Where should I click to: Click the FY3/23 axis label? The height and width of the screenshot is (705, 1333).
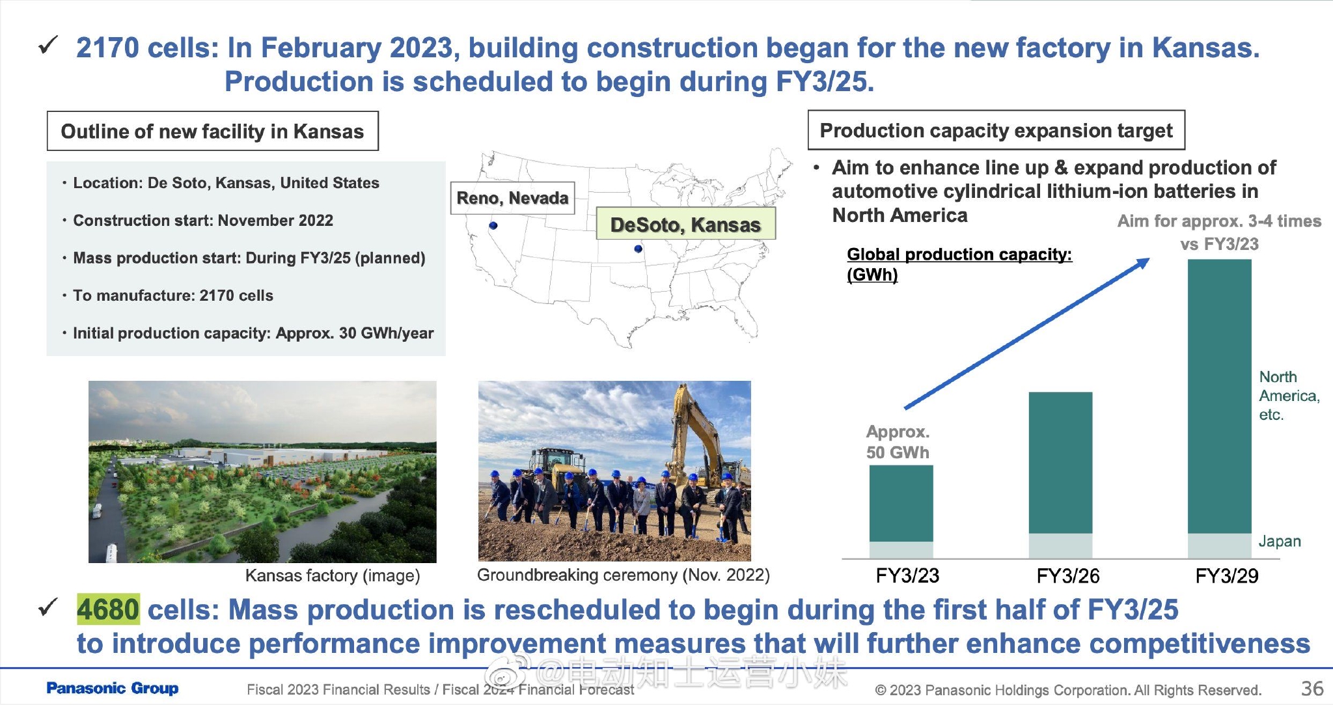click(907, 576)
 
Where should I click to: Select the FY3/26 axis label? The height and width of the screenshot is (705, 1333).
click(1067, 576)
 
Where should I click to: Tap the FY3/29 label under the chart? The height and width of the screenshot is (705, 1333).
click(1227, 576)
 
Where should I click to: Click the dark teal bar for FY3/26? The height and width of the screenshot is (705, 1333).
click(1060, 463)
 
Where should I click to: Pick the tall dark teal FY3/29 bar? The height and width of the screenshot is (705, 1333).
click(1220, 396)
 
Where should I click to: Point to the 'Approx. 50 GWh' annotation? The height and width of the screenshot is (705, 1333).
click(898, 442)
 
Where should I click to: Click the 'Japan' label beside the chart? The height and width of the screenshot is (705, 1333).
click(1280, 541)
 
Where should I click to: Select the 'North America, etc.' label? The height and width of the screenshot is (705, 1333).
click(1289, 396)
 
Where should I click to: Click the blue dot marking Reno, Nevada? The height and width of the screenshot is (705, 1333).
click(493, 225)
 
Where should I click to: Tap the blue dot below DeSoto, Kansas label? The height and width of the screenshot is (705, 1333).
click(638, 249)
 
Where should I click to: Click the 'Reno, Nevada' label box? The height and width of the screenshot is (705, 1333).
click(512, 198)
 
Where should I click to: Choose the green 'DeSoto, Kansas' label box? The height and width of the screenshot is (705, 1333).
click(686, 225)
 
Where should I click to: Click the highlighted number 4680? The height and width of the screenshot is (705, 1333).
click(108, 609)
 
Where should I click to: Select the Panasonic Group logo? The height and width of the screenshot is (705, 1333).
click(113, 688)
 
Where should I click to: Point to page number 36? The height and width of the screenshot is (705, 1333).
click(1312, 688)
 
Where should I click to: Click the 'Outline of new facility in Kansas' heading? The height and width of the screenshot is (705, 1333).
click(212, 131)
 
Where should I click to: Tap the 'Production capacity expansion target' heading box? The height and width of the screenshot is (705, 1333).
click(996, 130)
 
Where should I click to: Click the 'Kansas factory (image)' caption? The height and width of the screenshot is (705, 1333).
click(333, 575)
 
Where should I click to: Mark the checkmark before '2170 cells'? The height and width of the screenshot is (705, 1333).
click(48, 46)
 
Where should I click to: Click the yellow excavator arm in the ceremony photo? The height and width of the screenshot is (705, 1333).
click(693, 423)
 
